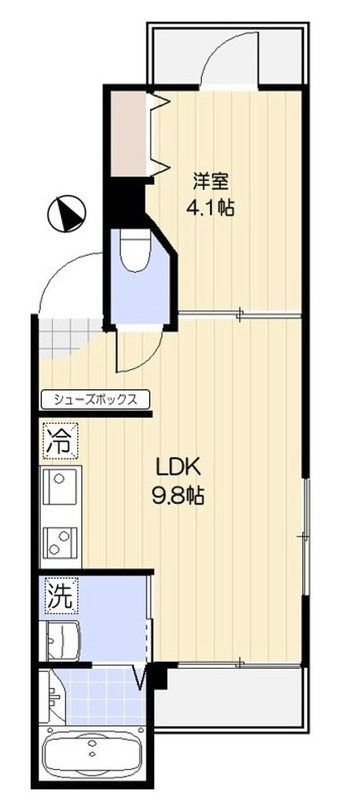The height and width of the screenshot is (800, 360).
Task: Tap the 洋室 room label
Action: click(212, 182)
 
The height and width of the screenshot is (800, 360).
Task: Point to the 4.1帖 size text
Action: click(212, 210)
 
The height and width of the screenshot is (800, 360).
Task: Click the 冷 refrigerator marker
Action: click(57, 439)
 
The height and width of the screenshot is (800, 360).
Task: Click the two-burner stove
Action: click(56, 544)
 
